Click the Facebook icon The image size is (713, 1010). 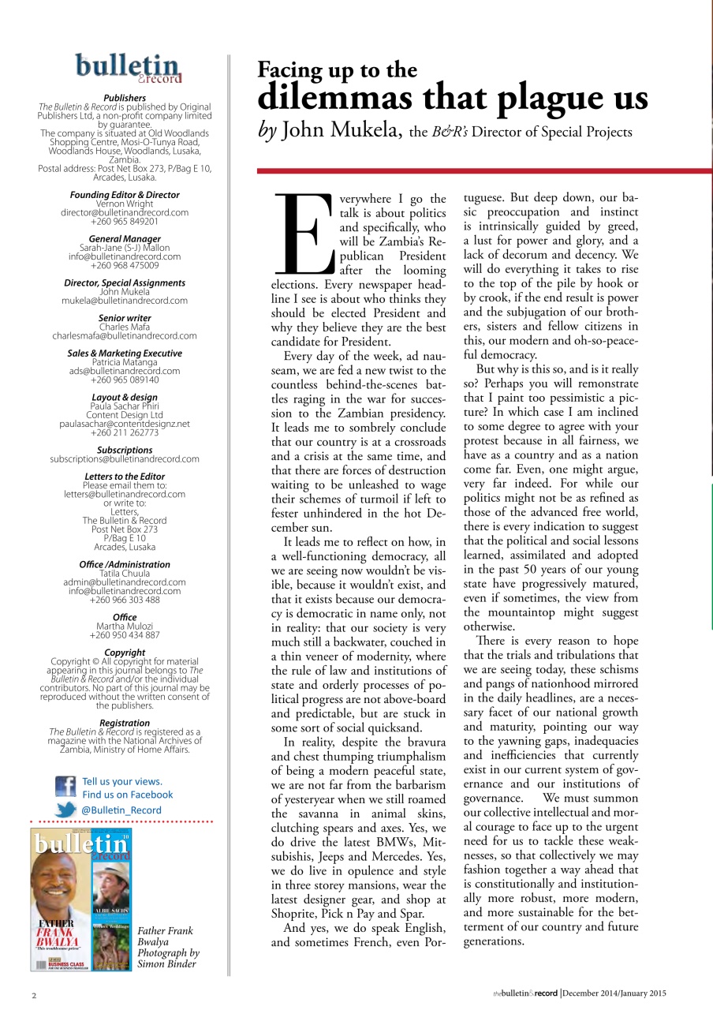pos(65,787)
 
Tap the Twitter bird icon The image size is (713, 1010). pos(65,810)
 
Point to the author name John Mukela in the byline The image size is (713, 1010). pos(342,132)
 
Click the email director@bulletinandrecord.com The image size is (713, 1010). pos(125,212)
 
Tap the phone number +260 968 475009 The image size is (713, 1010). pos(125,265)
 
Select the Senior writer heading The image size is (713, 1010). pos(125,318)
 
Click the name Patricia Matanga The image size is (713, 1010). pos(125,362)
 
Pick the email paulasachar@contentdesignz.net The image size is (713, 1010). pos(125,424)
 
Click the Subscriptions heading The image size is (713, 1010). pos(125,450)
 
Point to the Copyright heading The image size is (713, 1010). pos(125,653)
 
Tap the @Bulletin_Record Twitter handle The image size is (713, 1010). pos(121,810)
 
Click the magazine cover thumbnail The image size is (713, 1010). pos(82,900)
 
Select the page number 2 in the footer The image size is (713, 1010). pos(34,994)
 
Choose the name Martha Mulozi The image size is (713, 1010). pos(125,626)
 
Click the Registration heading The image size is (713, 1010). pos(125,723)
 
